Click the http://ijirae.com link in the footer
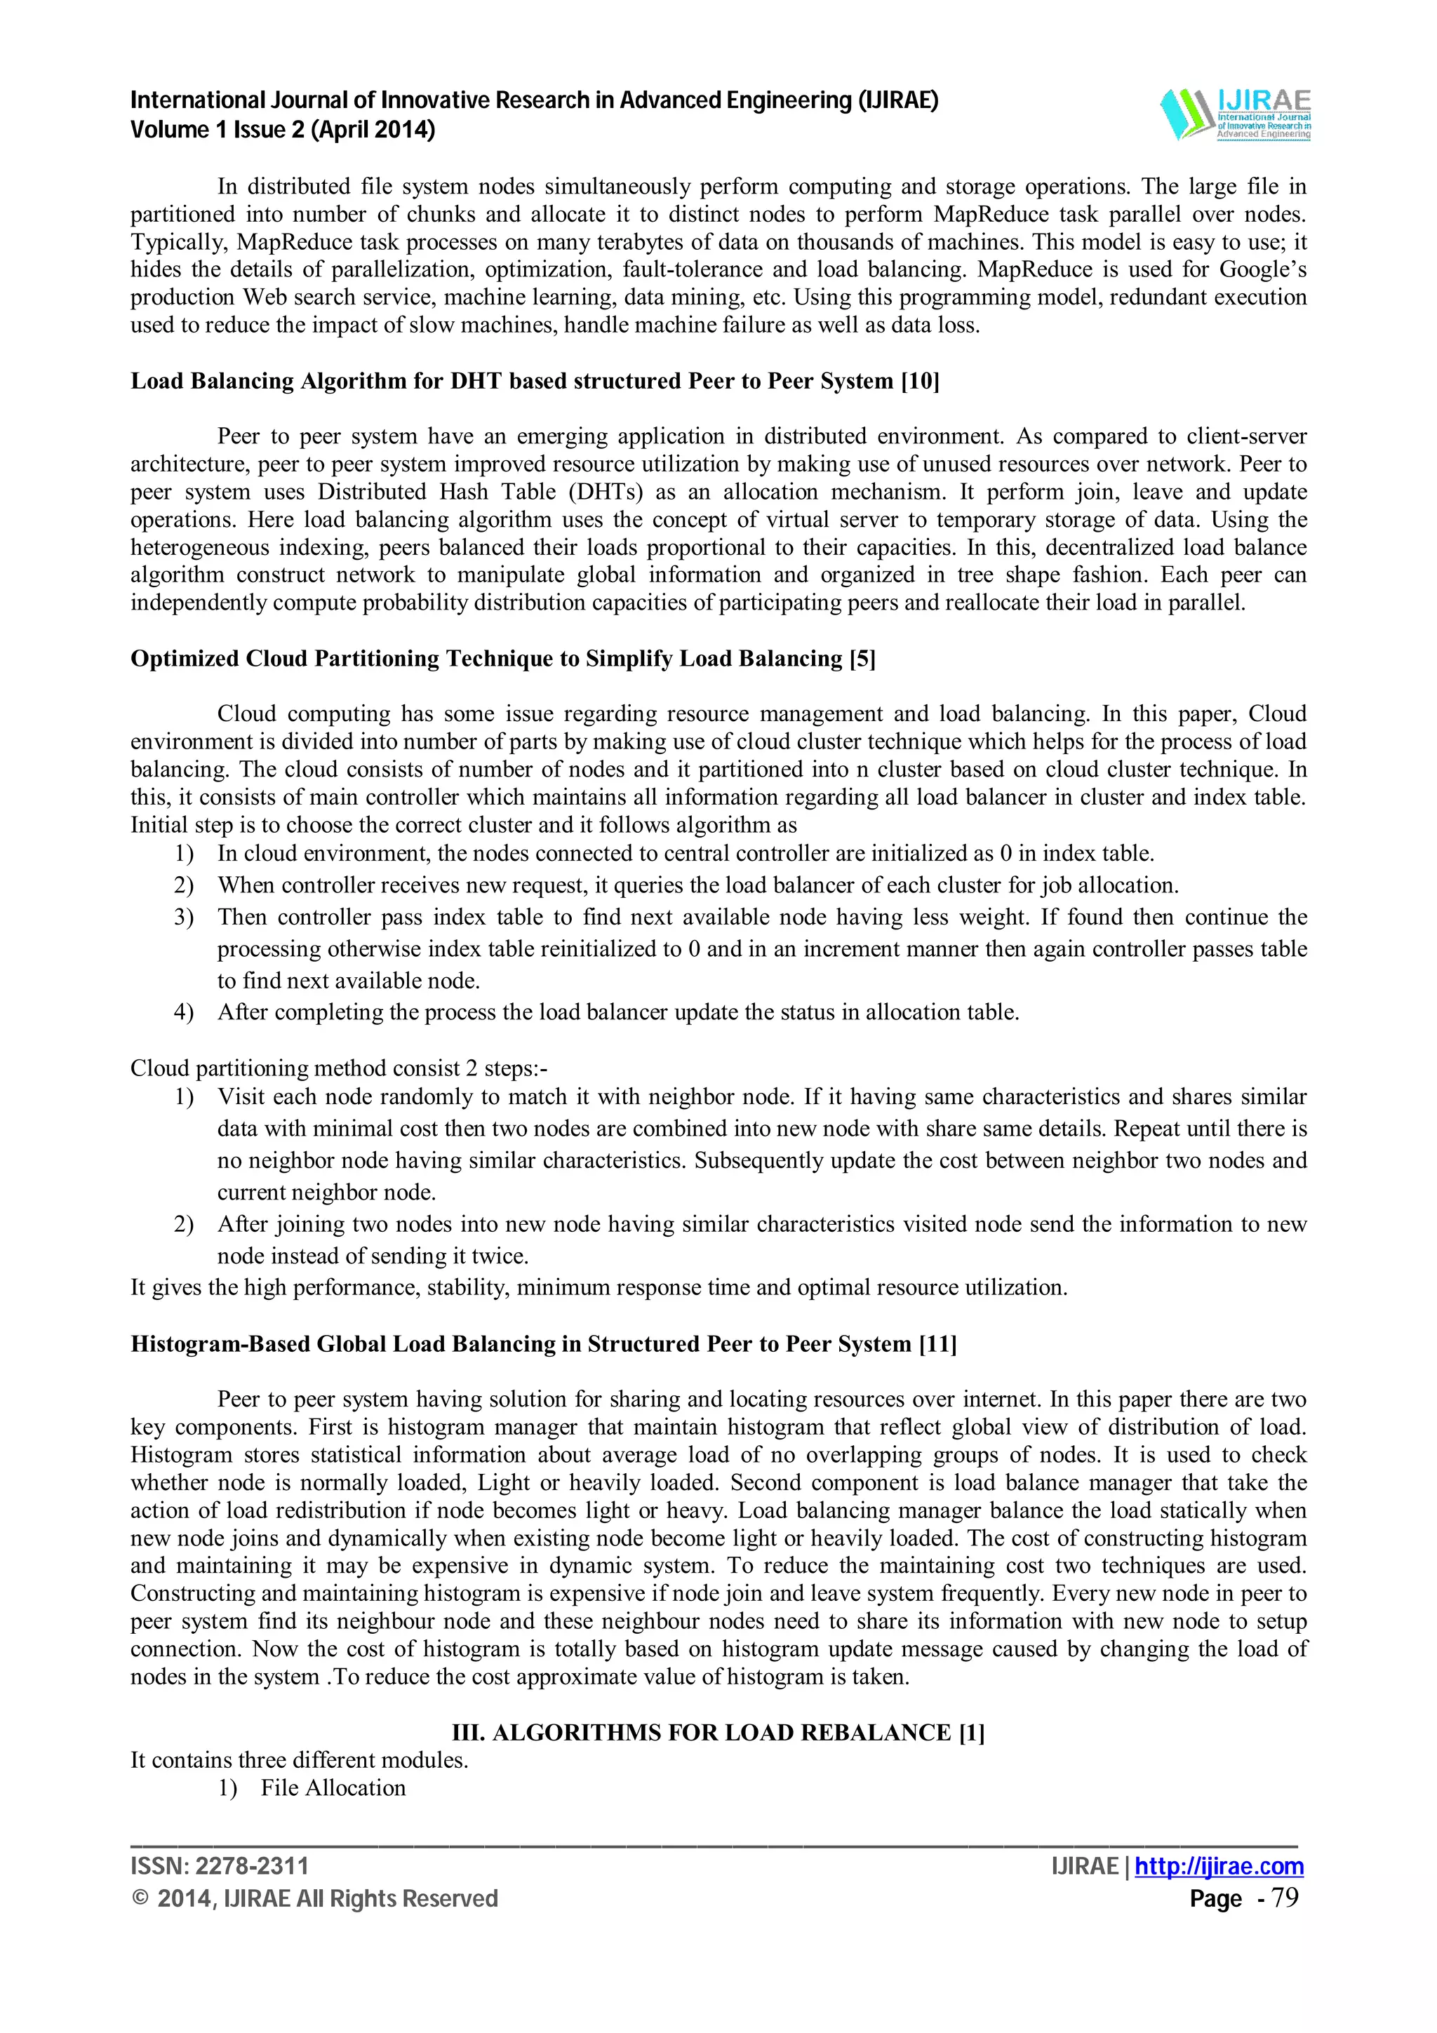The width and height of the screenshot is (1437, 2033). [1219, 1867]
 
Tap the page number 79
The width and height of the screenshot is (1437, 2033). [1285, 1898]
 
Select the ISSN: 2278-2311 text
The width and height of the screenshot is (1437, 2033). [220, 1867]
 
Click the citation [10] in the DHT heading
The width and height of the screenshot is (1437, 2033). [920, 381]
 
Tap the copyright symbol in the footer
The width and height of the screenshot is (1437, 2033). [139, 1899]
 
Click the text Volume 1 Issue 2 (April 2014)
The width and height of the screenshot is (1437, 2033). [283, 130]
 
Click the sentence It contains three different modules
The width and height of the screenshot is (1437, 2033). [300, 1760]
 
